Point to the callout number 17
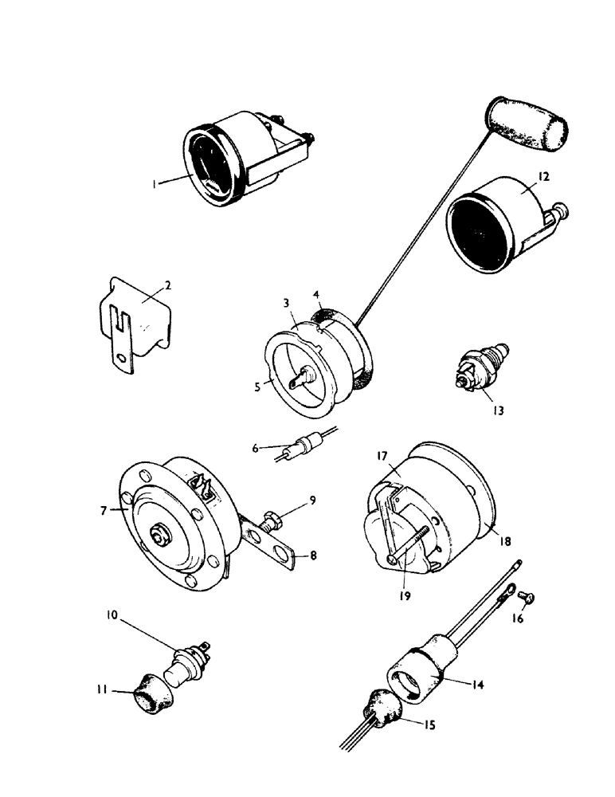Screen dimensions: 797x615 [381, 457]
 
